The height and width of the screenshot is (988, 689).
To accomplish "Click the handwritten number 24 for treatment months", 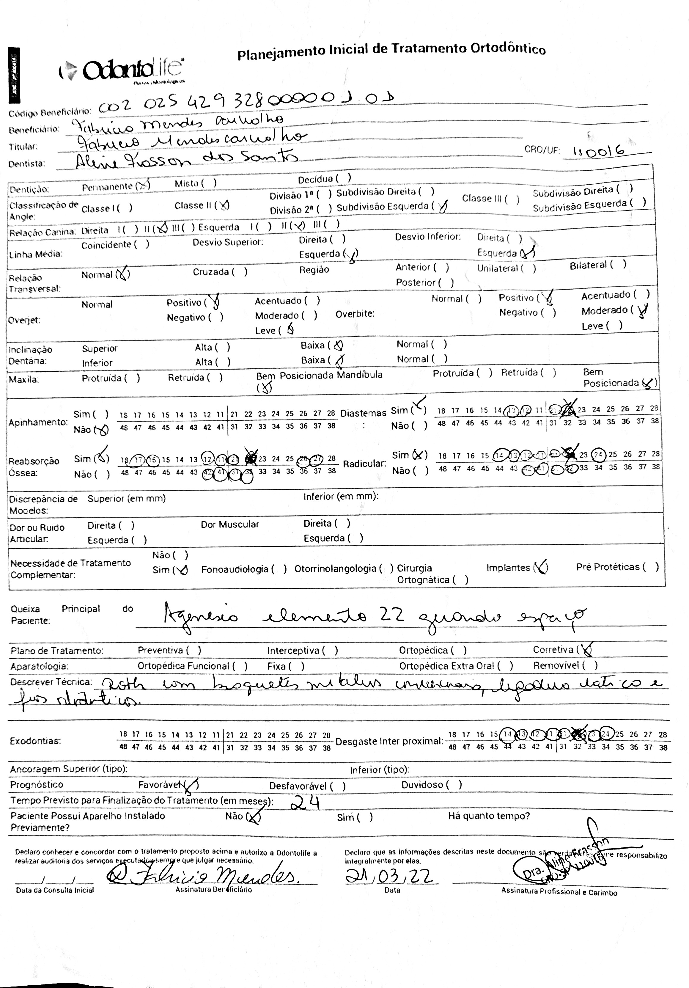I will pos(305,801).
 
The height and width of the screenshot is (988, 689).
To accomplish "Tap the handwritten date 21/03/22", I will pos(389,875).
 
